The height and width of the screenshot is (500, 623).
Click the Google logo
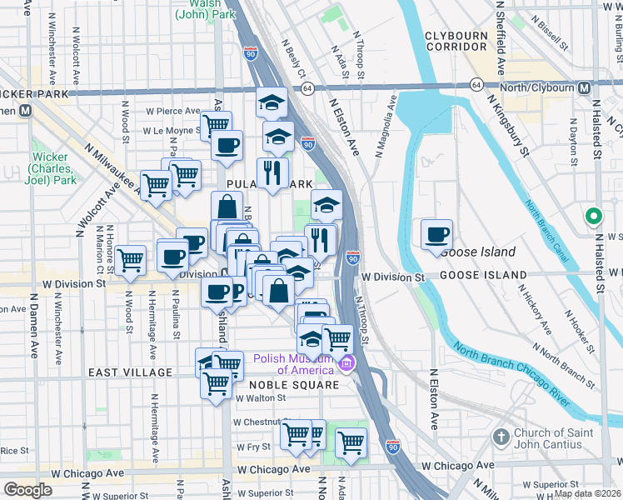27,490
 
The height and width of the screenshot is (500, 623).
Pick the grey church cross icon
500,437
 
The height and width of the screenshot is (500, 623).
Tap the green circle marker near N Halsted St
593,217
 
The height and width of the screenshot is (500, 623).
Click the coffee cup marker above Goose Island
436,234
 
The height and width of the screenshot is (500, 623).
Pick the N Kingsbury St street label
509,127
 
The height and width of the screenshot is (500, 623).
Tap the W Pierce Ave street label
173,111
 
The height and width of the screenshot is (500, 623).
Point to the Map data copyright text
586,493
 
